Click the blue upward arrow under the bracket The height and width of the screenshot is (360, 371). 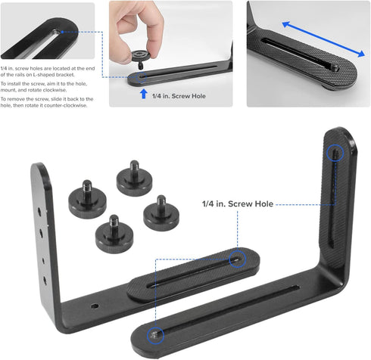[144, 94]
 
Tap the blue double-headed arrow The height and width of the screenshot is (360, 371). [323, 39]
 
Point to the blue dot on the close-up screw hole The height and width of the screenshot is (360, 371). [62, 32]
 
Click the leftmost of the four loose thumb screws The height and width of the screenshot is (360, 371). [87, 199]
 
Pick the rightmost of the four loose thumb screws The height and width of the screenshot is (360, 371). [161, 213]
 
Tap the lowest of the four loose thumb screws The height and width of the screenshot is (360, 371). [114, 234]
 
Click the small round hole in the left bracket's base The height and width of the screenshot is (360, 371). [95, 306]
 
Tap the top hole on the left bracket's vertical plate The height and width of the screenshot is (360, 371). [39, 211]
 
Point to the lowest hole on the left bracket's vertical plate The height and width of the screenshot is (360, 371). [45, 280]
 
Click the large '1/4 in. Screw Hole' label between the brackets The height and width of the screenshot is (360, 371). [238, 203]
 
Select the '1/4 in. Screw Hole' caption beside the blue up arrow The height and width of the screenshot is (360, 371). [179, 96]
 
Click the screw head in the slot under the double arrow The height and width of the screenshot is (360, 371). [335, 67]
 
